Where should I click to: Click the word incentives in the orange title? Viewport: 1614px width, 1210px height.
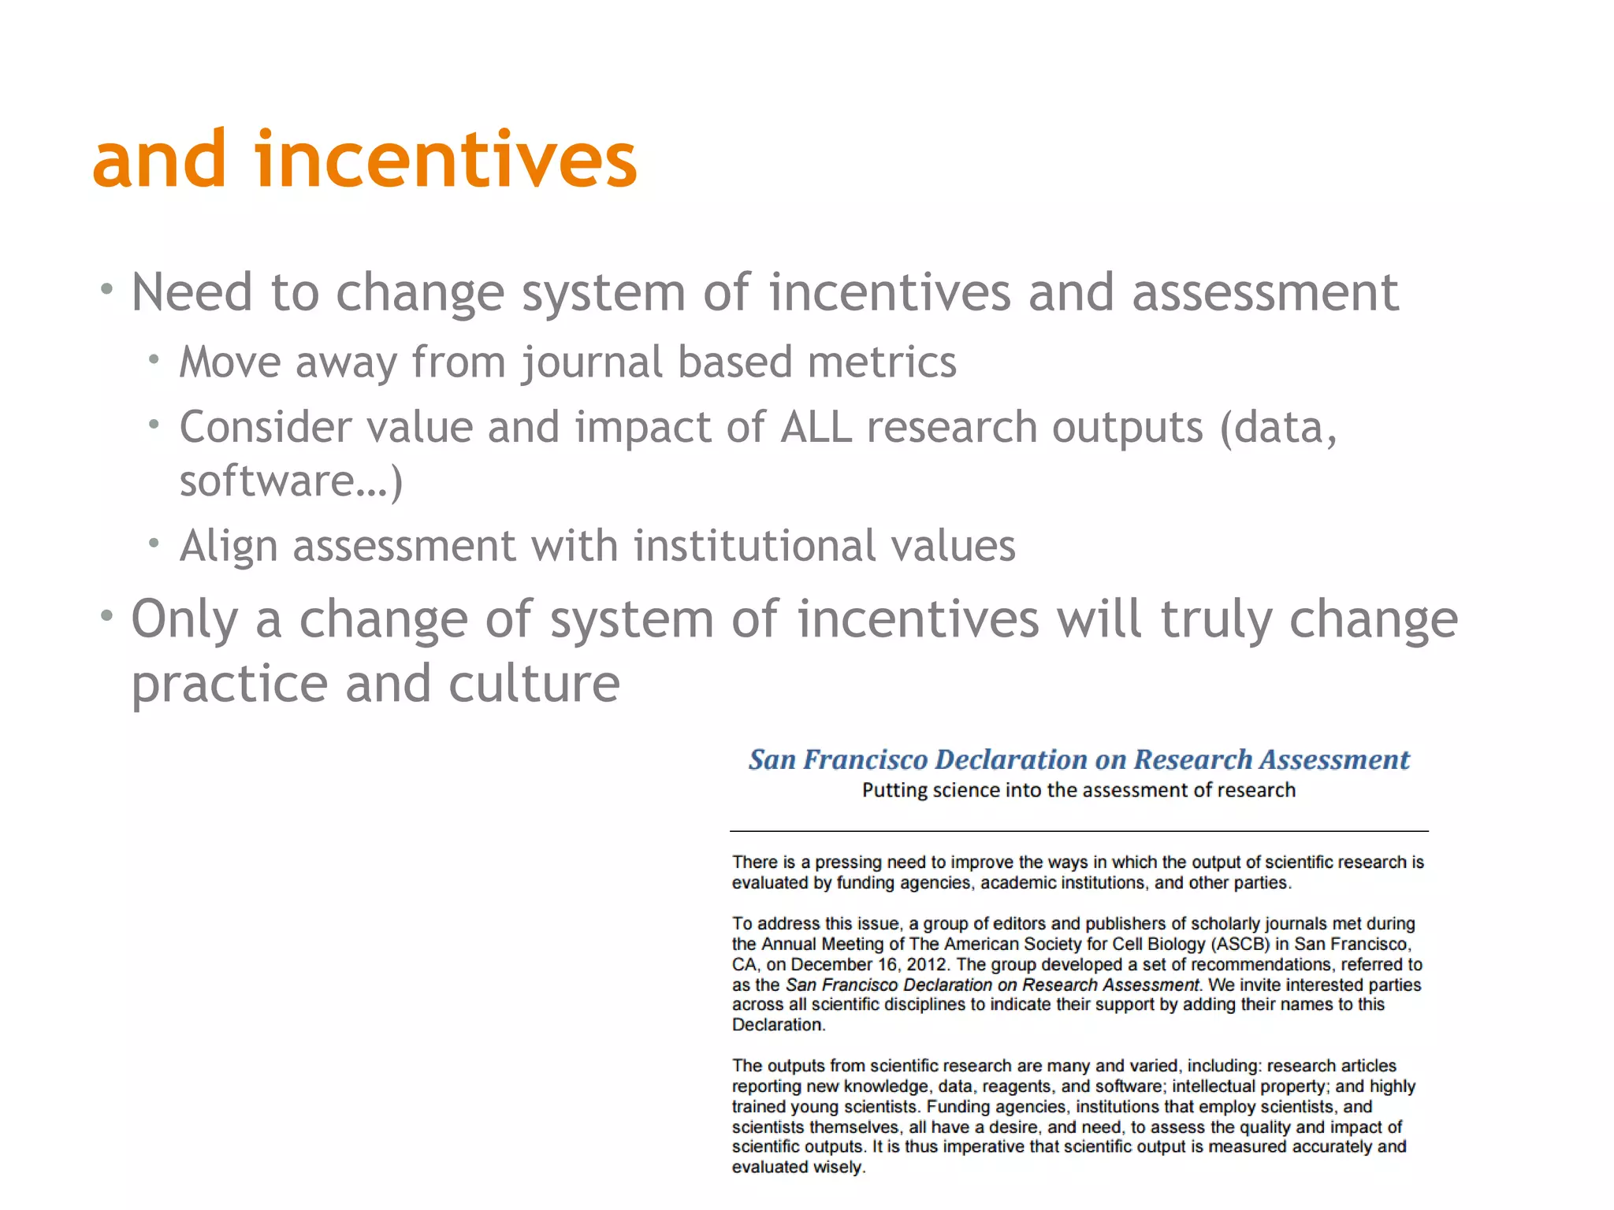tap(445, 160)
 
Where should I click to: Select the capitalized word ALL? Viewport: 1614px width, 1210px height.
tap(816, 428)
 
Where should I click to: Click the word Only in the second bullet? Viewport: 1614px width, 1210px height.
tap(184, 619)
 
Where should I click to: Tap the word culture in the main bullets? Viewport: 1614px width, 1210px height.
tap(534, 683)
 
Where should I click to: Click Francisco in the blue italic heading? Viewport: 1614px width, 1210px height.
tap(866, 759)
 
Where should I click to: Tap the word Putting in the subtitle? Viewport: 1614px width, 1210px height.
tap(894, 790)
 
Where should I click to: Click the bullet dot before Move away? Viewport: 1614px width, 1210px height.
tap(154, 360)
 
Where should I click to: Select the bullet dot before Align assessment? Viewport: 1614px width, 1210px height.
tap(154, 543)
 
